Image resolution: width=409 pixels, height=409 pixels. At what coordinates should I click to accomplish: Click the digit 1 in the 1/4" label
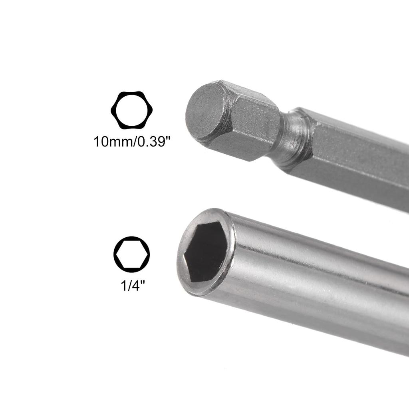pos(123,286)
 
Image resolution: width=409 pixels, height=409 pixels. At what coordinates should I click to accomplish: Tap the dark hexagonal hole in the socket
pos(206,251)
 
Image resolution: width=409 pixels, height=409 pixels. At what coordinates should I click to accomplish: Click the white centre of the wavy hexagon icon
pos(131,110)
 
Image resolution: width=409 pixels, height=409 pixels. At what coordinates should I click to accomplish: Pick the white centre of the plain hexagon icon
pos(131,254)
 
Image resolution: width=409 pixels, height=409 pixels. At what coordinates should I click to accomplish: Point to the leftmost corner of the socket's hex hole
pos(185,256)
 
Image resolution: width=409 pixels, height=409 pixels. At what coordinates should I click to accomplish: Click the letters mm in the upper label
pos(119,142)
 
